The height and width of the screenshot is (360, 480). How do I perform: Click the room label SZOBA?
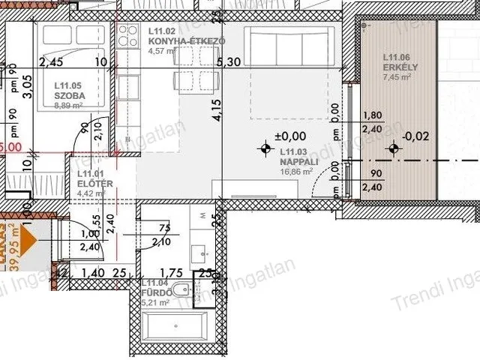(x=69, y=96)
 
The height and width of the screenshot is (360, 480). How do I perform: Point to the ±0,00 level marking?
(x=290, y=136)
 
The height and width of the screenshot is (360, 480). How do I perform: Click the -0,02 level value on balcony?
(x=416, y=136)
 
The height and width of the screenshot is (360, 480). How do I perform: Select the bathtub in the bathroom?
(x=175, y=328)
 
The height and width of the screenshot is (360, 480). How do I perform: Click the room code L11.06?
(x=396, y=57)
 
